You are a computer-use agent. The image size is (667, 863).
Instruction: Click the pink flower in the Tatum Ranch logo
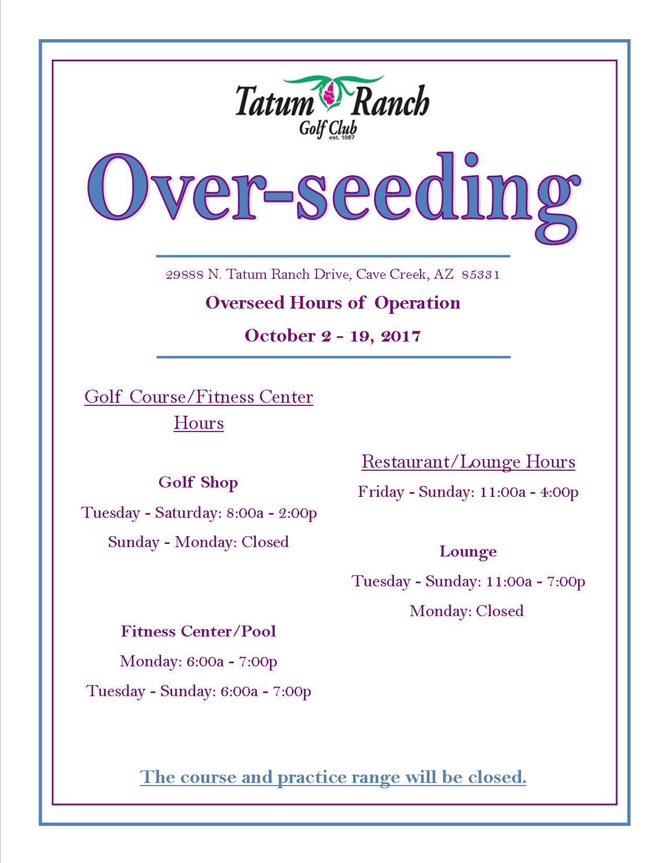(330, 95)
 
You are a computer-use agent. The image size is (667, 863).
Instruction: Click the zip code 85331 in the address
(481, 275)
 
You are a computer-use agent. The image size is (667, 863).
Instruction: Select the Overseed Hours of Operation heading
(333, 303)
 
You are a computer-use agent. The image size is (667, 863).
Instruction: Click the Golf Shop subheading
(198, 482)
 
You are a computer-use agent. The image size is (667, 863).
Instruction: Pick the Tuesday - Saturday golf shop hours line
(199, 512)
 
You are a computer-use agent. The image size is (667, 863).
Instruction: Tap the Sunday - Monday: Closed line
(198, 541)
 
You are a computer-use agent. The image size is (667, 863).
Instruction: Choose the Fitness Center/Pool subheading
(198, 631)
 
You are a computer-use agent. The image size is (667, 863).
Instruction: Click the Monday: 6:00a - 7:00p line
(198, 661)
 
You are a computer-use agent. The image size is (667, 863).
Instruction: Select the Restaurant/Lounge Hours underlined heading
(468, 462)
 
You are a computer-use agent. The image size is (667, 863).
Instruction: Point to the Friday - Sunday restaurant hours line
(468, 492)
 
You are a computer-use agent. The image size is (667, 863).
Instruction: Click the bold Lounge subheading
(468, 551)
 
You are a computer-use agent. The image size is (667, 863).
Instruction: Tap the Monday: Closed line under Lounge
(467, 611)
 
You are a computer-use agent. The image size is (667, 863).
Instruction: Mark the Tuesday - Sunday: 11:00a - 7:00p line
(468, 581)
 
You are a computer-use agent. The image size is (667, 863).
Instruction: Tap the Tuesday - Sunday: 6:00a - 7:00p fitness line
(199, 691)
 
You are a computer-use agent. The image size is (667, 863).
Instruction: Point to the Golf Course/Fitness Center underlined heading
(199, 397)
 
